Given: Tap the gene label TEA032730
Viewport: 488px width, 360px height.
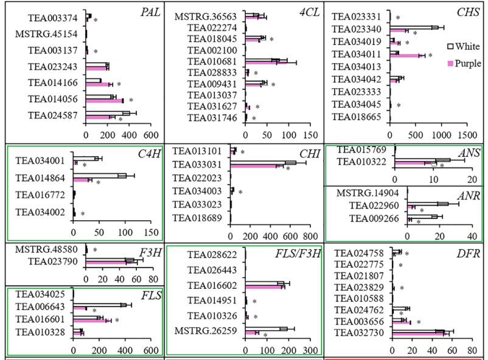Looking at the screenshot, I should point(361,331).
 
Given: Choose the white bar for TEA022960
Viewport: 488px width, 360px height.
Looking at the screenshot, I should point(427,204).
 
